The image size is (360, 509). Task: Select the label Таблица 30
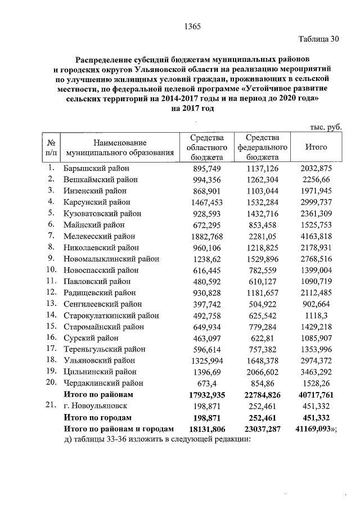pos(319,39)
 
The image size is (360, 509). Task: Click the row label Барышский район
pos(96,168)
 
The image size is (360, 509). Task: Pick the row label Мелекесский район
pos(100,236)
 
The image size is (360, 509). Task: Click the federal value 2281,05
pos(263,236)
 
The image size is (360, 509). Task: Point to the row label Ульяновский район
pos(99,360)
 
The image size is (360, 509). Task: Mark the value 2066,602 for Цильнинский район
pos(263,372)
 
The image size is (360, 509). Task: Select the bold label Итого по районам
pos(99,395)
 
